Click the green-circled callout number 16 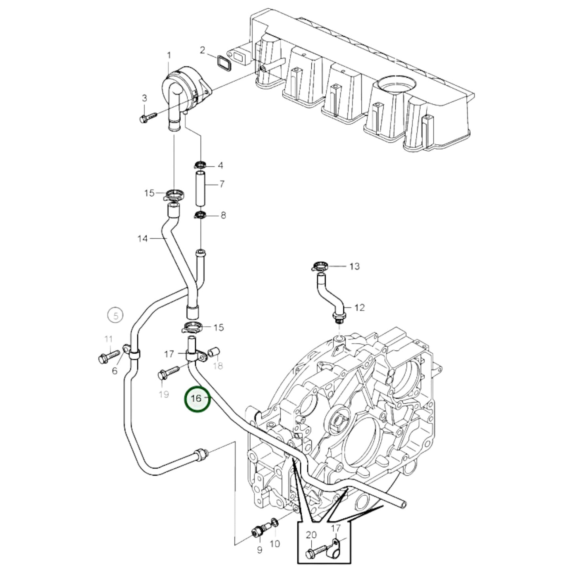click(x=196, y=398)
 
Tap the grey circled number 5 click(x=115, y=316)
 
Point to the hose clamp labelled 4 click(x=200, y=165)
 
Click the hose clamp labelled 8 click(x=200, y=215)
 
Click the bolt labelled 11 click(x=108, y=355)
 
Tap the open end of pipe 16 click(x=403, y=504)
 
